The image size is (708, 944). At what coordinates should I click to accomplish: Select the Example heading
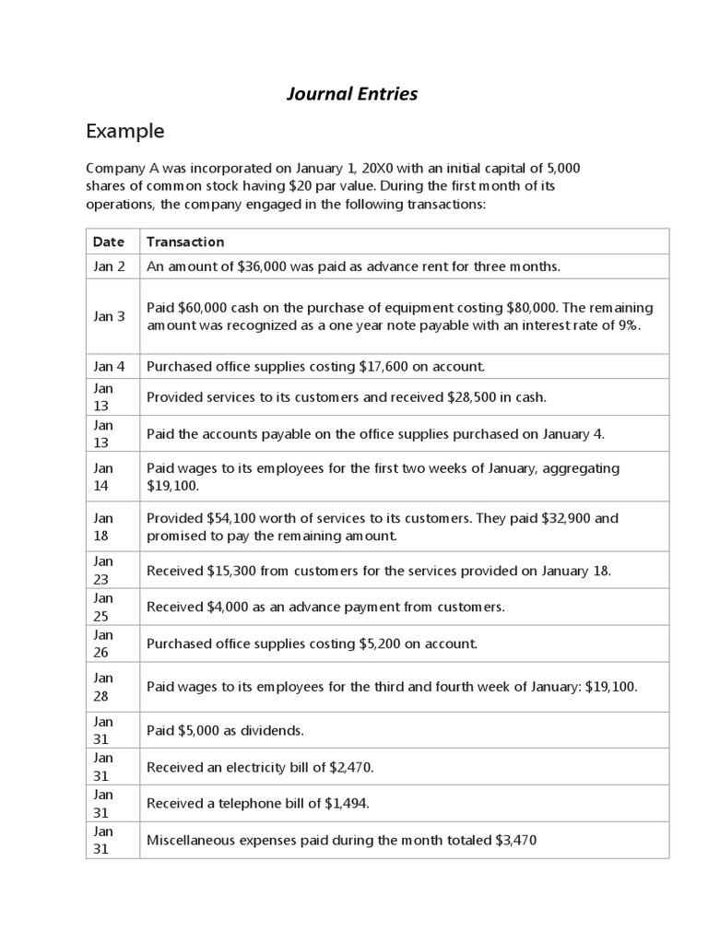[124, 131]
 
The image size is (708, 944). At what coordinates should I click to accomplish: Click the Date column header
[108, 242]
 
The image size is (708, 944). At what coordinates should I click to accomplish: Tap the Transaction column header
[184, 242]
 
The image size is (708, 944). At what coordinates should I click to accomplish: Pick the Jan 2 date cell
[108, 266]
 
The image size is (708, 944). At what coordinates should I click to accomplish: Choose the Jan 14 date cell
[103, 477]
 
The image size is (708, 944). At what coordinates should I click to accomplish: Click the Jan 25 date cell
[103, 608]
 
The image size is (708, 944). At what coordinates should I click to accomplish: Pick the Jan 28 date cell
[103, 688]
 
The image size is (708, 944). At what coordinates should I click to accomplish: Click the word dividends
[273, 731]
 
